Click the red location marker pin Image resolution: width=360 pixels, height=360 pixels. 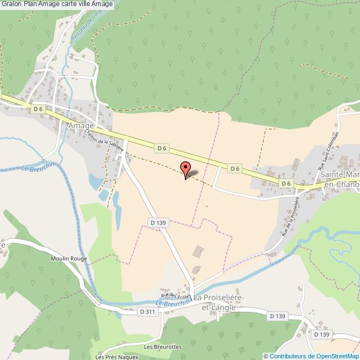pos(186,168)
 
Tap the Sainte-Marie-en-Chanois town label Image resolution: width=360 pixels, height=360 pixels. pos(338,179)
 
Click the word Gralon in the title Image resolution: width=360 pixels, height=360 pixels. pos(12,4)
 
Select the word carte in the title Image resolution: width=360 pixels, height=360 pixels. pos(68,4)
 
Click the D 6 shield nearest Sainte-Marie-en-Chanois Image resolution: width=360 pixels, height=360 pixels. pos(286,183)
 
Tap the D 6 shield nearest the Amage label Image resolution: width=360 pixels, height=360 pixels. pos(38,109)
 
